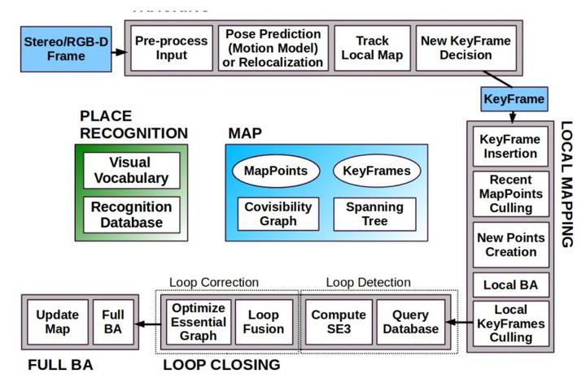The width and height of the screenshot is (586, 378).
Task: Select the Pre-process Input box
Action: coord(172,48)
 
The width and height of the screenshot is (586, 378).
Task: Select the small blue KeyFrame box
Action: coord(514,99)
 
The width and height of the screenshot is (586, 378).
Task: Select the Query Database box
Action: coord(410,322)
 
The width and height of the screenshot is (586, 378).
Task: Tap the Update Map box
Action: coord(59,322)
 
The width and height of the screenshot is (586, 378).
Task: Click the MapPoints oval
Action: coord(275,172)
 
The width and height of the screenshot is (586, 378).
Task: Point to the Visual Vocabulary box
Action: coord(131,171)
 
